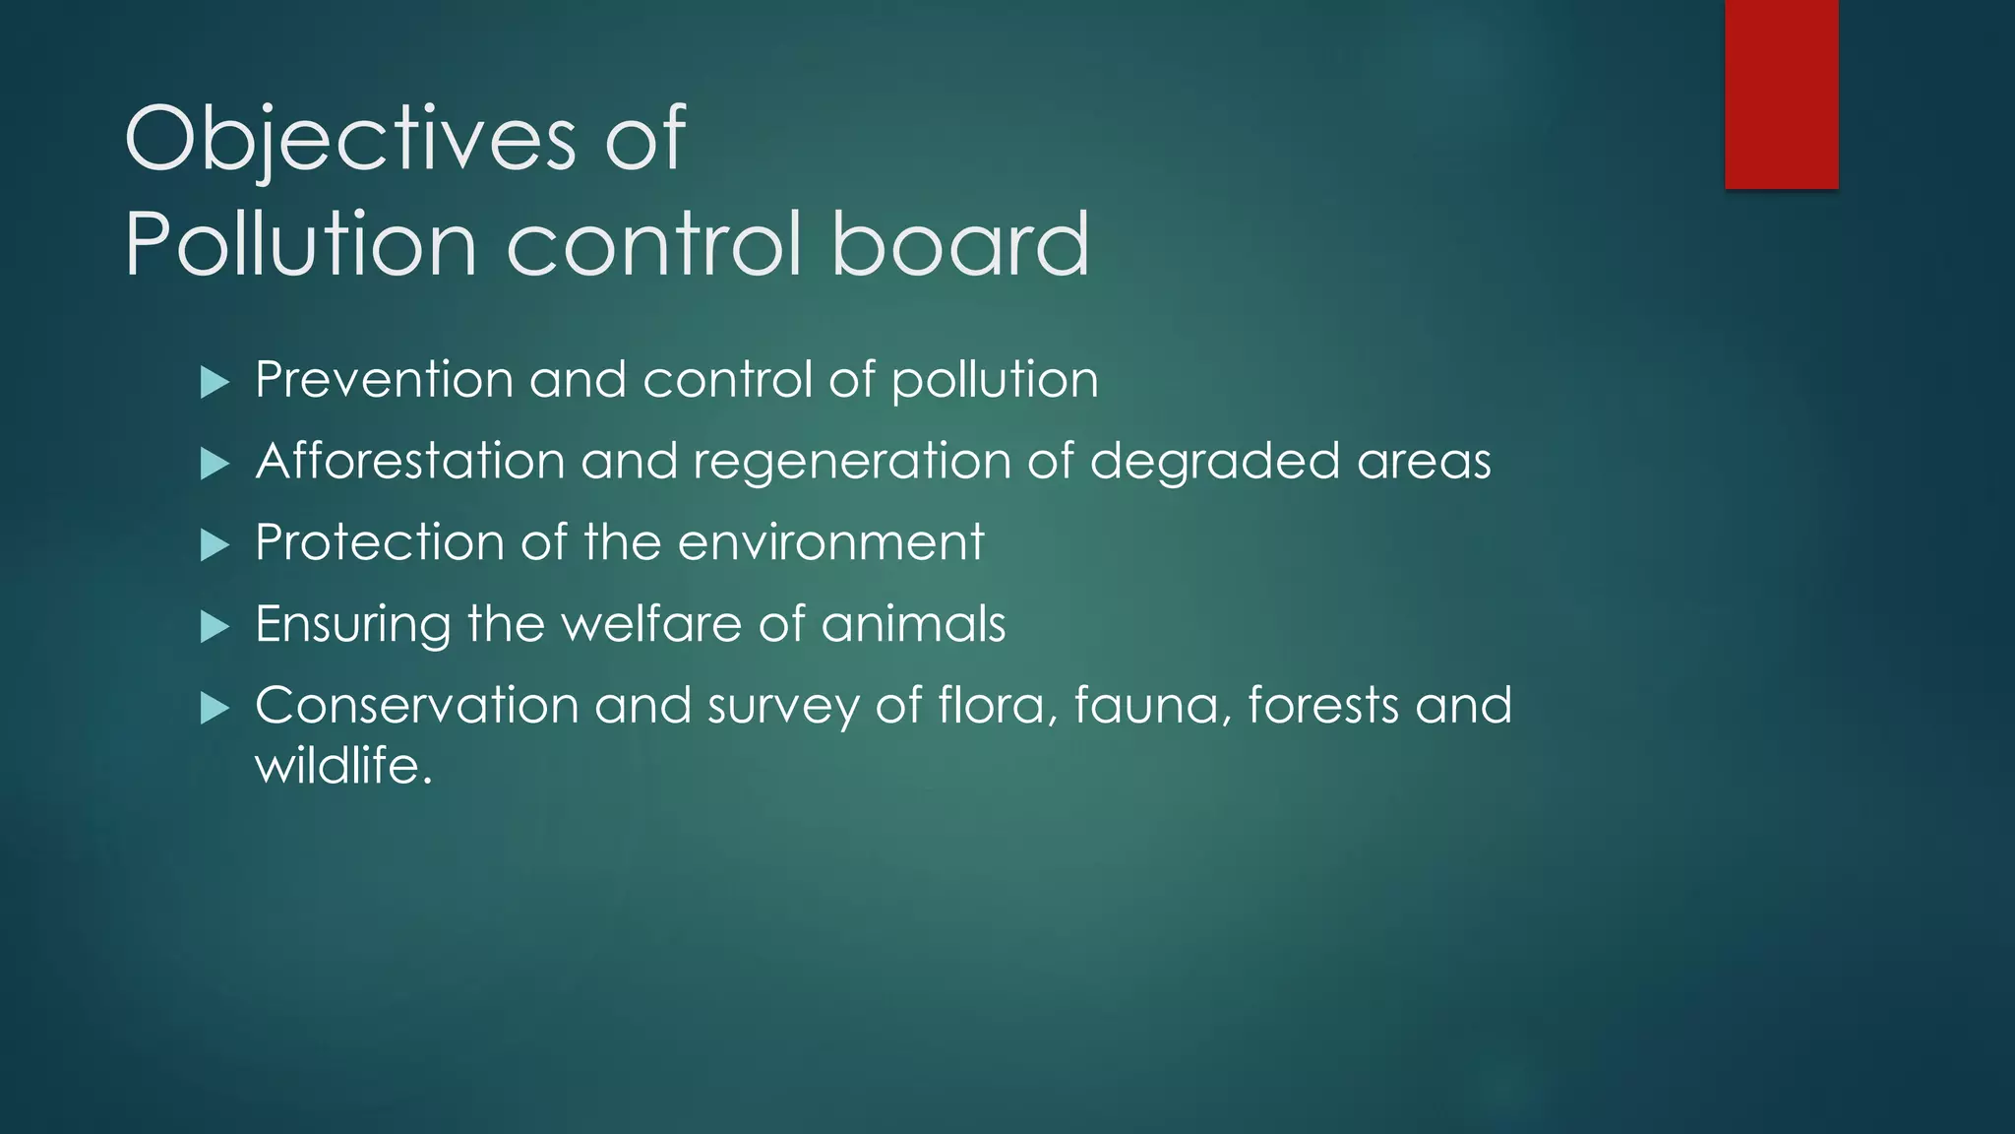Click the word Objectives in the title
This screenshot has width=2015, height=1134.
349,140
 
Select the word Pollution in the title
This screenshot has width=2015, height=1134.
300,243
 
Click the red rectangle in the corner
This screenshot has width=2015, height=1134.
1781,94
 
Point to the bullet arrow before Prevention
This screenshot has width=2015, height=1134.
214,382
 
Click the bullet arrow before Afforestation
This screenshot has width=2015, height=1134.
214,464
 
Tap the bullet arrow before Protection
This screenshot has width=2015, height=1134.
214,545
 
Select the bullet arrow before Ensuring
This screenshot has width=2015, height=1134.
214,627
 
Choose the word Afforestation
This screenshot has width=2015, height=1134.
410,461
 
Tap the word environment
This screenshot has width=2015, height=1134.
830,543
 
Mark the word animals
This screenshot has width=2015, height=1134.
913,624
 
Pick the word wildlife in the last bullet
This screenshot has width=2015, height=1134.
342,766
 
